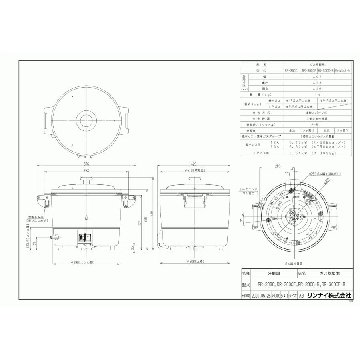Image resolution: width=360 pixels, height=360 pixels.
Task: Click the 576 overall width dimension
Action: (86, 164)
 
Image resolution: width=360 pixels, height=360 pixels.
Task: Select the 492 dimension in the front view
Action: (86, 170)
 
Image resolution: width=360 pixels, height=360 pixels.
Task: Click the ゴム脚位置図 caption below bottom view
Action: (293, 264)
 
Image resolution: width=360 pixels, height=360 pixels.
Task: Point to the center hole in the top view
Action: (86, 120)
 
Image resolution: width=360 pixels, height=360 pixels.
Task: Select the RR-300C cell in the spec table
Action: (291, 70)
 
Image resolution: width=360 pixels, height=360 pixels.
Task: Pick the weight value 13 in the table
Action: (317, 94)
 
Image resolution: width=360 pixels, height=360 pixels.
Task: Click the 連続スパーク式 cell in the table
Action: (317, 113)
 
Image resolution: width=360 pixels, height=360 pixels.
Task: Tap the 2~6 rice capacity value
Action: (317, 125)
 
